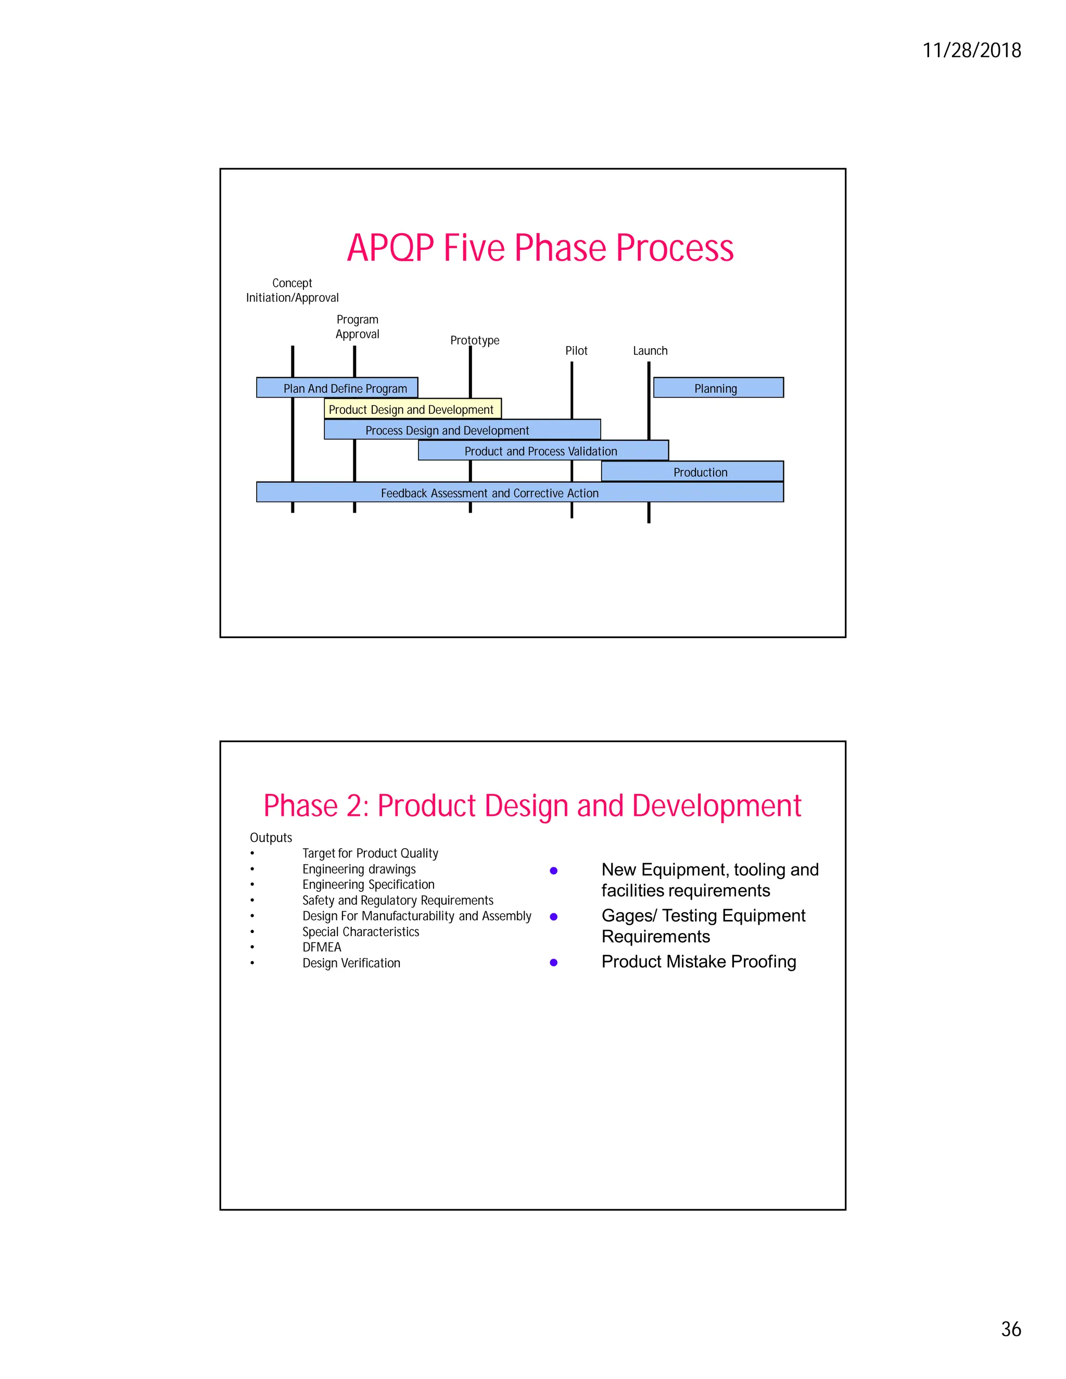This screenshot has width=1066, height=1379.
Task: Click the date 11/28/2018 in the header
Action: tap(971, 50)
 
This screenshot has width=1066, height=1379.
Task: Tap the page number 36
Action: tap(1010, 1329)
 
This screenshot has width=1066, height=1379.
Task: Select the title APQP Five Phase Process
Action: tap(540, 248)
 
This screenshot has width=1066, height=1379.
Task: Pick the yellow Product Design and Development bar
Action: tap(412, 409)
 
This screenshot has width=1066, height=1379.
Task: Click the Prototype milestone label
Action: tap(474, 340)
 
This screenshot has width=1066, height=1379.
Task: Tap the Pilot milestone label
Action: tap(576, 350)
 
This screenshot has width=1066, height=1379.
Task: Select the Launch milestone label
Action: tap(650, 350)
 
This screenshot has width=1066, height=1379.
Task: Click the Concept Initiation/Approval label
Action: tap(293, 290)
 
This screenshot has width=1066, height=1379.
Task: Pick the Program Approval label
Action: tap(358, 326)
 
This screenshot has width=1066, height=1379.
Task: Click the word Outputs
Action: tap(271, 837)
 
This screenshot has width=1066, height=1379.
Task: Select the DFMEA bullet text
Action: tap(322, 947)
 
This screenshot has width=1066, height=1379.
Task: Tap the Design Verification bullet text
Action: tap(351, 963)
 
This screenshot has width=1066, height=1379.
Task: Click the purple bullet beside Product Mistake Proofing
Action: tap(553, 962)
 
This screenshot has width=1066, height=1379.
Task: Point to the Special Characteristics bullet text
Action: tap(361, 931)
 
